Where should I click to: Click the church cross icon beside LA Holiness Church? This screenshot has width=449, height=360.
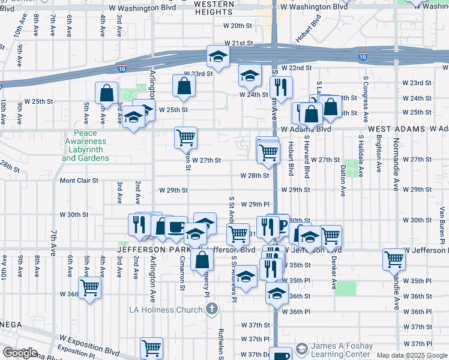pyautogui.click(x=211, y=310)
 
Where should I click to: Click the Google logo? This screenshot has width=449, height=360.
pyautogui.click(x=20, y=353)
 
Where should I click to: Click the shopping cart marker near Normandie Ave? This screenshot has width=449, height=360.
pyautogui.click(x=394, y=260)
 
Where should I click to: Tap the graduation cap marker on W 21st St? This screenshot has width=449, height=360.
pyautogui.click(x=218, y=57)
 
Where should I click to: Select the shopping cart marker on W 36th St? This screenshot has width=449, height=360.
pyautogui.click(x=90, y=288)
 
